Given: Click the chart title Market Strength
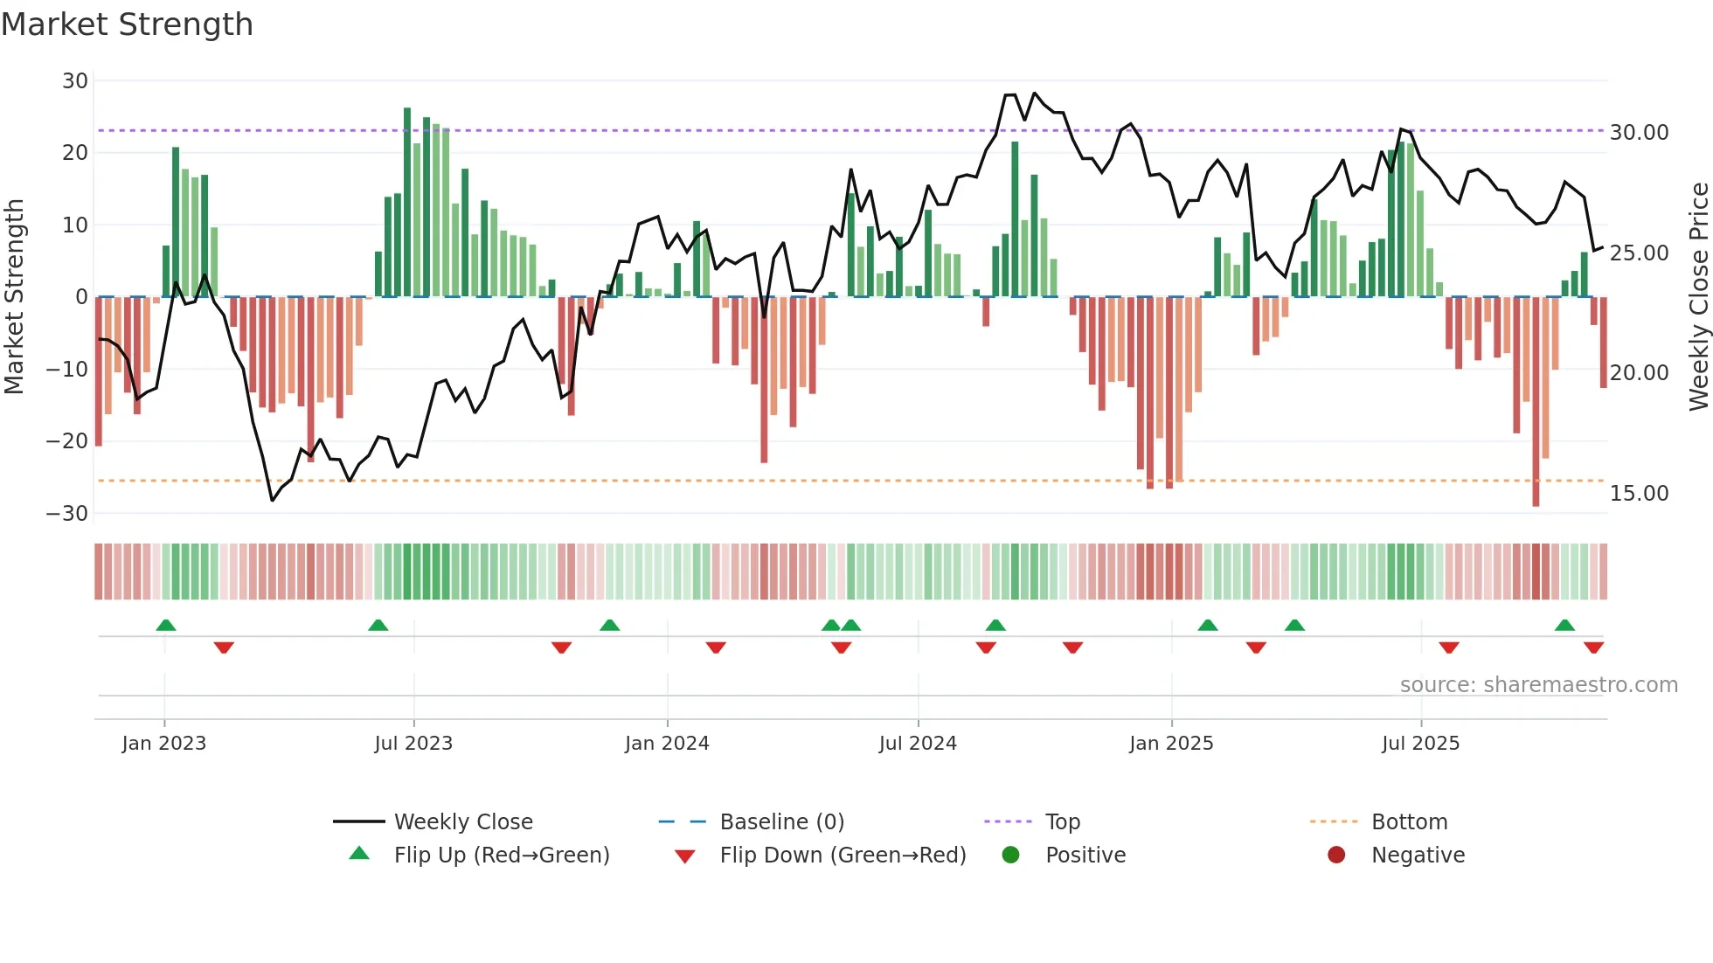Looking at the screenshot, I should click(127, 24).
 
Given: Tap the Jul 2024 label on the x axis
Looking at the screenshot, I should click(918, 744).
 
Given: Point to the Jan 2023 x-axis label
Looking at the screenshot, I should click(164, 744).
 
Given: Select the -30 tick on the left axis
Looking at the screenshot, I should click(67, 514).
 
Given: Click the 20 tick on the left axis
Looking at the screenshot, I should click(75, 153).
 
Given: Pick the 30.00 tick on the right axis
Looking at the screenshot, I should click(1639, 133).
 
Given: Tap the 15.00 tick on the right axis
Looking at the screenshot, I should click(1639, 494).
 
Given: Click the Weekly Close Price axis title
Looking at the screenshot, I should click(1698, 296).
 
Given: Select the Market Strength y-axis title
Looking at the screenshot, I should click(14, 296).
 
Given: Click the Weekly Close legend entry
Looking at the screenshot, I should click(462, 822).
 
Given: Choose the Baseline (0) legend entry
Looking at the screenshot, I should click(781, 822).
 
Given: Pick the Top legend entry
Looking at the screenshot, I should click(1063, 822).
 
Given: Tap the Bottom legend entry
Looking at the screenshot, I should click(1409, 822).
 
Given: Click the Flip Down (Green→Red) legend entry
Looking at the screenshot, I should click(843, 856).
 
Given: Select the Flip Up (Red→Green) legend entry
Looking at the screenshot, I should click(501, 856).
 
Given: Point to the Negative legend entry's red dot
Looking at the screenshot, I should click(1336, 856).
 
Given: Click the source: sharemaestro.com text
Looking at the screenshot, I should click(1538, 685).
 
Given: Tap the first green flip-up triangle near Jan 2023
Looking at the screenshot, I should click(166, 625).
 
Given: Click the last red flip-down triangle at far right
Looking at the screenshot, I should click(1593, 648).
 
